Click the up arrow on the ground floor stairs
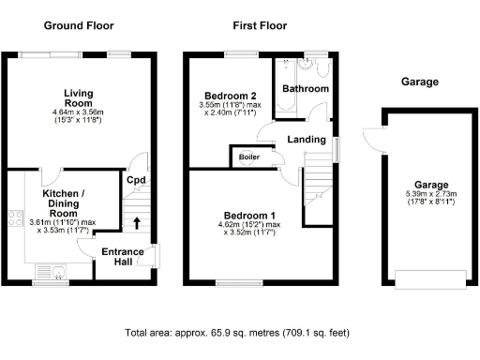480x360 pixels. tap(139, 223)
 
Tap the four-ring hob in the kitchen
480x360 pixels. tap(17, 220)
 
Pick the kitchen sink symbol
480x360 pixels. tap(59, 274)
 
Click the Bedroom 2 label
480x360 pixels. tap(230, 96)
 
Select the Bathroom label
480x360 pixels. tap(307, 89)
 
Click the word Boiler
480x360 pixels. tap(248, 157)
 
